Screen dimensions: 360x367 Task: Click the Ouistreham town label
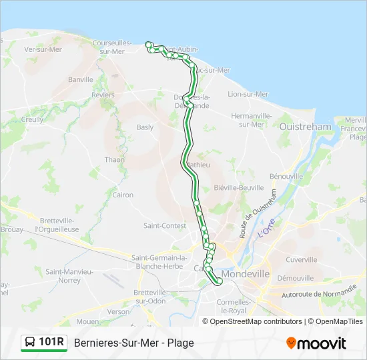(306, 127)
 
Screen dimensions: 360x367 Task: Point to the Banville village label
(81, 79)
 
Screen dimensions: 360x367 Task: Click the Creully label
(32, 119)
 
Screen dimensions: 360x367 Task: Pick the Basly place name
(145, 127)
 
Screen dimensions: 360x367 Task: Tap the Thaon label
(114, 160)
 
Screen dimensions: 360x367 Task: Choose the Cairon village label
(123, 195)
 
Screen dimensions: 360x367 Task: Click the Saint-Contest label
(165, 226)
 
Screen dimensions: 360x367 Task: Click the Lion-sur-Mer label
(248, 94)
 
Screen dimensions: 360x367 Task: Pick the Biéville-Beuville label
(239, 188)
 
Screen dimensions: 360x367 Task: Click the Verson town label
(119, 311)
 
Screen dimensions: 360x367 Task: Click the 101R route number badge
(51, 343)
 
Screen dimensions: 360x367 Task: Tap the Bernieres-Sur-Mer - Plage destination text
(134, 343)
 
